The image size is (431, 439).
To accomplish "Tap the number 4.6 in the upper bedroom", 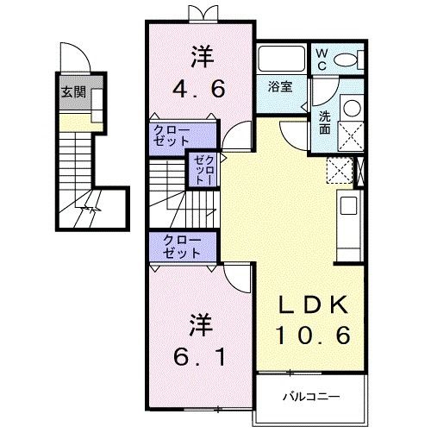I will pyautogui.click(x=200, y=87).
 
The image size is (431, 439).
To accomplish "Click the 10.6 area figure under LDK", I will pyautogui.click(x=313, y=336).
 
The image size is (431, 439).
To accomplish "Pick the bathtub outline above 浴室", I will pyautogui.click(x=280, y=60).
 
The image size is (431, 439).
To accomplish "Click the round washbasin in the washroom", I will pyautogui.click(x=351, y=109).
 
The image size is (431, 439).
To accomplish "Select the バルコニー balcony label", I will pyautogui.click(x=309, y=398).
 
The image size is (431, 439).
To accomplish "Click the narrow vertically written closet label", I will pyautogui.click(x=200, y=169).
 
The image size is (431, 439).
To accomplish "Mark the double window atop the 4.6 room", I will pyautogui.click(x=200, y=13).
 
